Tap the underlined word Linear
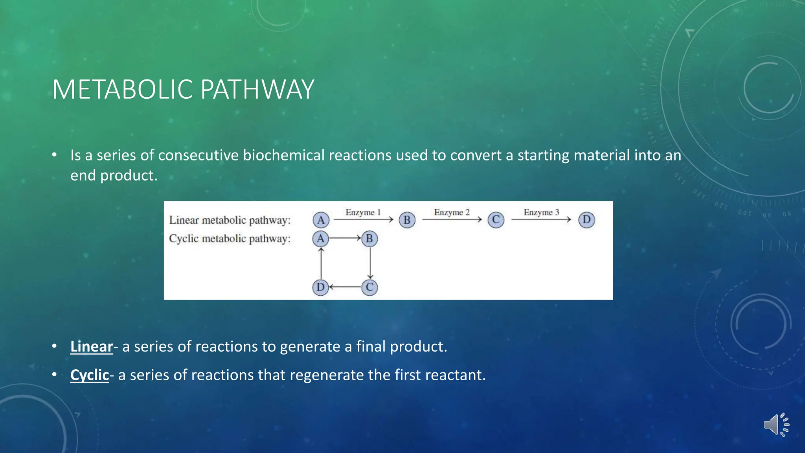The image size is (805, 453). point(92,346)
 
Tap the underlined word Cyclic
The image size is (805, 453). point(90,375)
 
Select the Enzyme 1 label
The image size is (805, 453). point(363,212)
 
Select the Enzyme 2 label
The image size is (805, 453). point(452,212)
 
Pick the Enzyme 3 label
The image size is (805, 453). point(541,212)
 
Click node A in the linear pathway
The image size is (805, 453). point(321,220)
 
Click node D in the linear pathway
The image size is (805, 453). point(586,219)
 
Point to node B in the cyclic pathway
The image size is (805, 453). point(369,239)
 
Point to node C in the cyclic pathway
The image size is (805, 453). point(369,287)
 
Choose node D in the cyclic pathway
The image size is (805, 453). point(320,287)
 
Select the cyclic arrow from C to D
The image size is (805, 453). point(345,287)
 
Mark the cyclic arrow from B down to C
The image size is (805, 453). point(370,263)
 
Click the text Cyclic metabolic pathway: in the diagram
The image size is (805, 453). point(230,239)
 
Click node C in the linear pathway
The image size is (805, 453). point(496,220)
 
